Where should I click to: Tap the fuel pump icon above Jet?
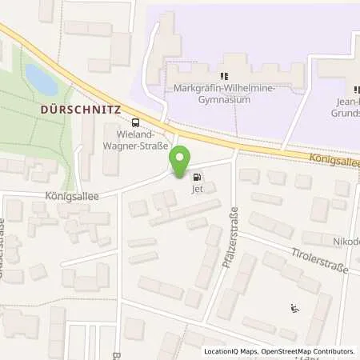tap(197, 178)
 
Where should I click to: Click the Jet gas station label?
tap(197, 190)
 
